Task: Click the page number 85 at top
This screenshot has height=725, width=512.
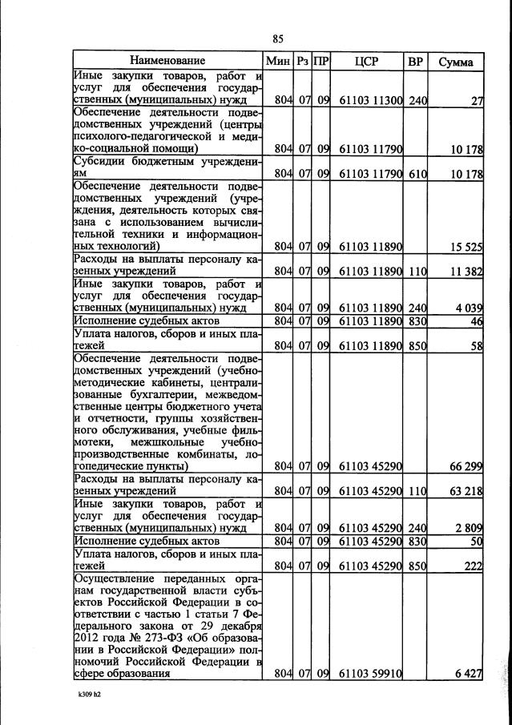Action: coord(278,38)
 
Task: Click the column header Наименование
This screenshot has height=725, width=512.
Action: coord(168,61)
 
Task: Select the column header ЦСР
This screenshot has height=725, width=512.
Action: coord(365,61)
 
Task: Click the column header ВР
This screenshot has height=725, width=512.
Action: coord(415,61)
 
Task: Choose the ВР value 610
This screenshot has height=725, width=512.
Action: coord(416,174)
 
